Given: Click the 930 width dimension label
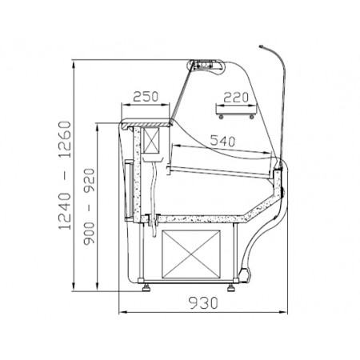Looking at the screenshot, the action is coord(203,303).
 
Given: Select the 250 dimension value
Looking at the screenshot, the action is coord(146,97).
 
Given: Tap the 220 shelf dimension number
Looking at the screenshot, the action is coord(236,98).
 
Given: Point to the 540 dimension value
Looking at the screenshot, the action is coord(222,141).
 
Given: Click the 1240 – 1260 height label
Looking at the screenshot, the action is coord(65,175).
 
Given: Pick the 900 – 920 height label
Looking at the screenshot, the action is coord(89,206).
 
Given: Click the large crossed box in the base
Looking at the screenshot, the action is coord(191,254).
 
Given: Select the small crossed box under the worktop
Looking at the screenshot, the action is coord(151,141).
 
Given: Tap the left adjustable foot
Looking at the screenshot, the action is coord(146,287).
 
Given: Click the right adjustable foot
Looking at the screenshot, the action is coord(231,288).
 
